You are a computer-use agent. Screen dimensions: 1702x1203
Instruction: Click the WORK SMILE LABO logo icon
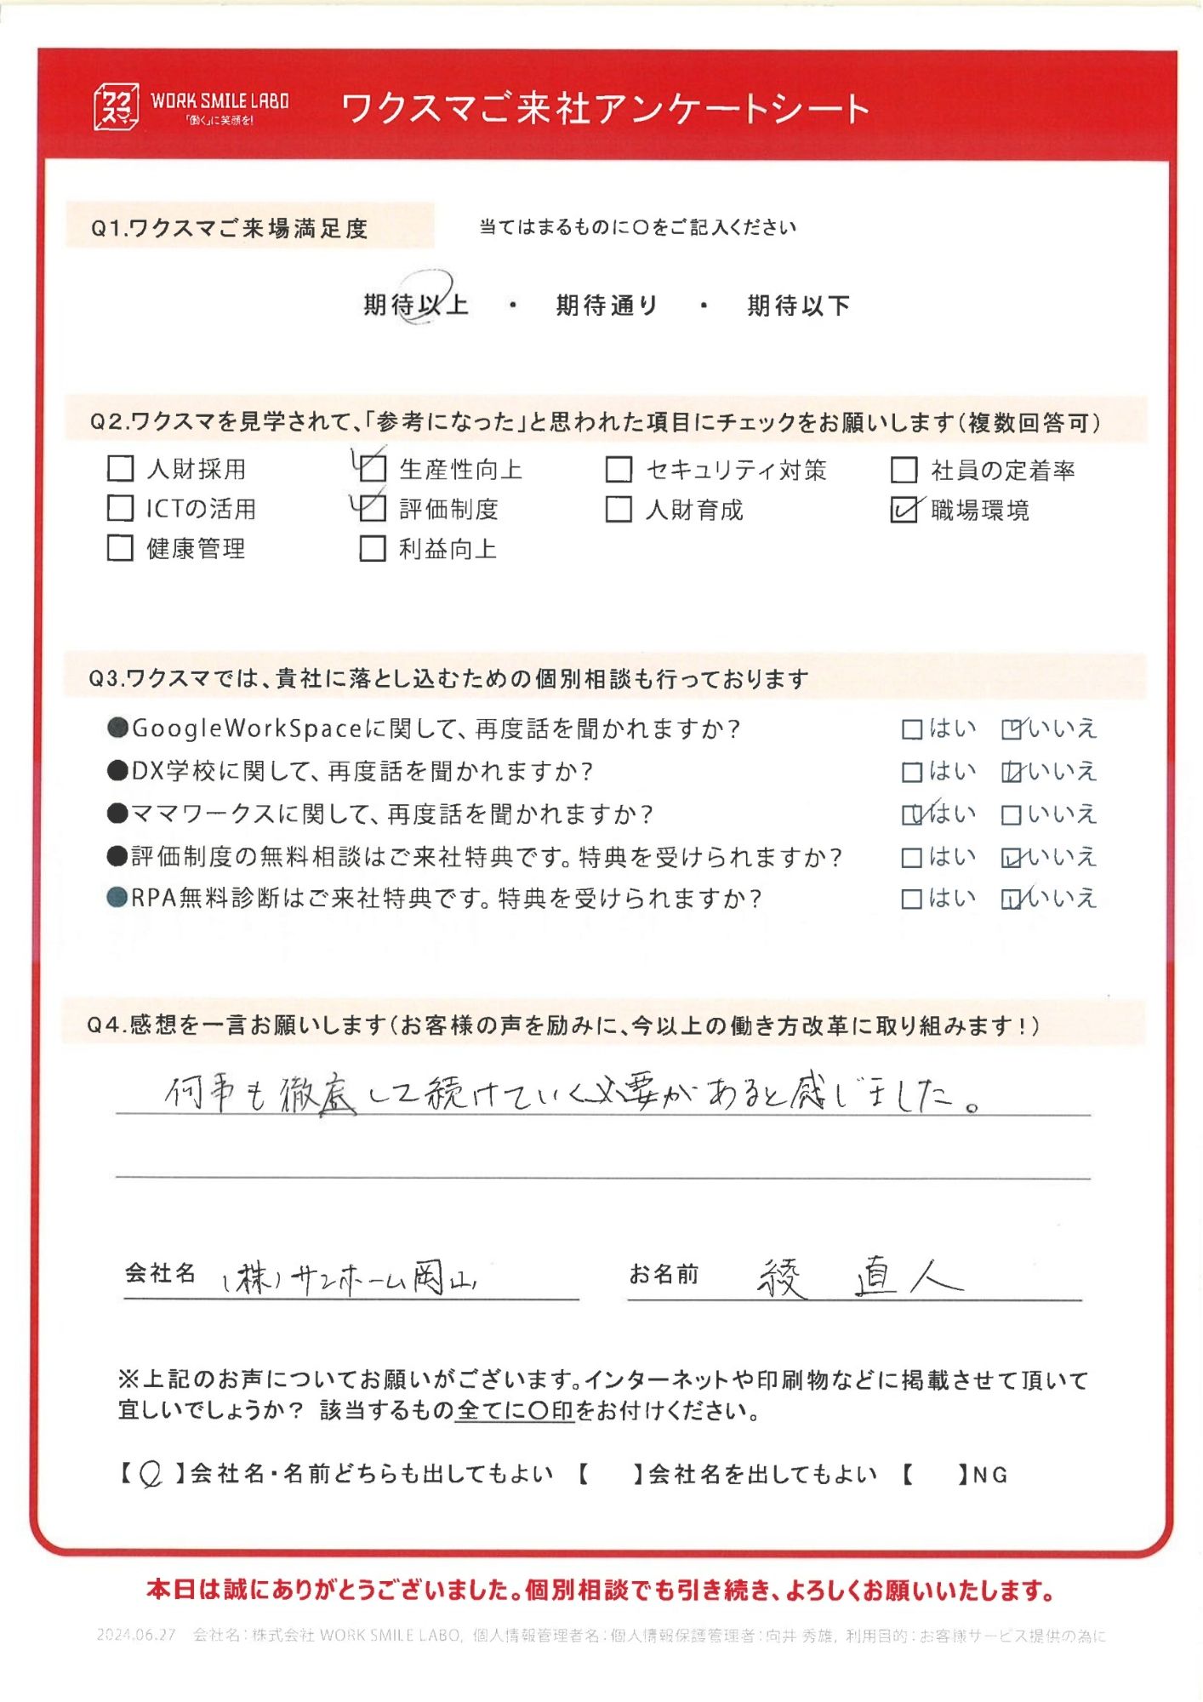(x=115, y=106)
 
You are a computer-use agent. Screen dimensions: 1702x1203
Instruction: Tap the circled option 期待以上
(x=416, y=305)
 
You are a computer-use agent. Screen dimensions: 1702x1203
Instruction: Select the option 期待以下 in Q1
(x=798, y=306)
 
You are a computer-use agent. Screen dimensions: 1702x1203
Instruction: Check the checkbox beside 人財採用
(x=121, y=469)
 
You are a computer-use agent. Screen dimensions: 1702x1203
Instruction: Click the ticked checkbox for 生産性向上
(x=373, y=469)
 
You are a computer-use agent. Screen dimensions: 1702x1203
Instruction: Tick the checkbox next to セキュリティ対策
(x=619, y=470)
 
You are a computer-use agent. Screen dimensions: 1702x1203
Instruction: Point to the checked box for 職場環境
(x=904, y=510)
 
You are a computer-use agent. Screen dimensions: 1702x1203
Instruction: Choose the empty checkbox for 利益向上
(x=373, y=549)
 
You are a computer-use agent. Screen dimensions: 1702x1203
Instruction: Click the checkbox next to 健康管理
(x=121, y=548)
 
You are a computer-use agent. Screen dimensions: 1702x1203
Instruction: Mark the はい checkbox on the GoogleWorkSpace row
(x=911, y=729)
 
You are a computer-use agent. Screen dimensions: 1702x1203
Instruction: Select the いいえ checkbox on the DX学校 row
(x=1012, y=772)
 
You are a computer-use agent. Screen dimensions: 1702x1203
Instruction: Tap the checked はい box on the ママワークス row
(x=911, y=814)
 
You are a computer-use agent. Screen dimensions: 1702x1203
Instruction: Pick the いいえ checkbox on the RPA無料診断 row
(x=1012, y=899)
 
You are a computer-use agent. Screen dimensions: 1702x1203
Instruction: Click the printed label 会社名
(x=160, y=1273)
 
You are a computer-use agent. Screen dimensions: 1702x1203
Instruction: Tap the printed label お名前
(x=664, y=1274)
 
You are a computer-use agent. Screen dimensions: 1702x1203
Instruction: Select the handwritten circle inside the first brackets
(x=151, y=1474)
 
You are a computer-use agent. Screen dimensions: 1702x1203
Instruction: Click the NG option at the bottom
(x=989, y=1475)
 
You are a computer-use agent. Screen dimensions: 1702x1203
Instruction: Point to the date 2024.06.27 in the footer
(x=136, y=1635)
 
